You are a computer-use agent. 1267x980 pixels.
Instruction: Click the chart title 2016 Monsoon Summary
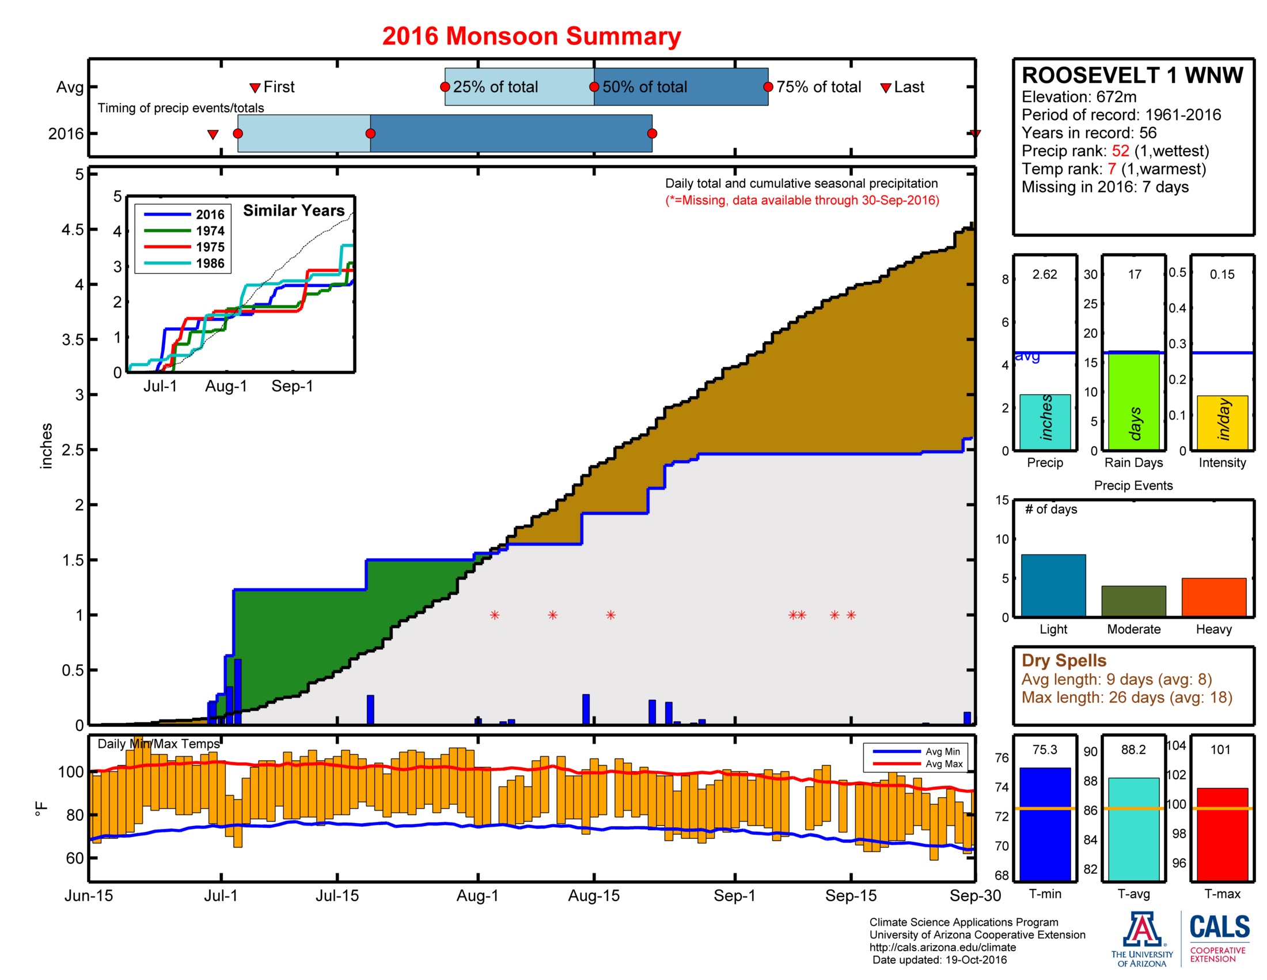(x=531, y=36)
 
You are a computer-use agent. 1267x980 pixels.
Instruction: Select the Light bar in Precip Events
(x=1053, y=585)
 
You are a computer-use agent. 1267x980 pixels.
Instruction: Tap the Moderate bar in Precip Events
(x=1133, y=601)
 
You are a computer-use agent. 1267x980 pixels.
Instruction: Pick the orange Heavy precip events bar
(x=1213, y=597)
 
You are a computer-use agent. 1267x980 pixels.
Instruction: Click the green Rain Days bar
(x=1133, y=401)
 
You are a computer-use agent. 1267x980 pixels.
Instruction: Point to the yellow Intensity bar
(x=1222, y=423)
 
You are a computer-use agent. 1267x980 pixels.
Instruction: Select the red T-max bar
(x=1222, y=834)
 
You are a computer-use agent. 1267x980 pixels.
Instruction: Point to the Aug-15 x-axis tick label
(x=593, y=895)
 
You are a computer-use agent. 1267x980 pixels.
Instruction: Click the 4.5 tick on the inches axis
(x=73, y=229)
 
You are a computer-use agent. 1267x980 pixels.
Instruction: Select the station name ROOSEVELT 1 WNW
(x=1132, y=76)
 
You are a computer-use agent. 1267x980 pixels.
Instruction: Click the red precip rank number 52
(x=1120, y=151)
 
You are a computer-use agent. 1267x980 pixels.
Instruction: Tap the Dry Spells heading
(x=1063, y=660)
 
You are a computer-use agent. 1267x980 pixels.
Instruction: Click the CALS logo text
(x=1219, y=927)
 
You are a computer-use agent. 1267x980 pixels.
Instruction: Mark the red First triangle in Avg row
(x=255, y=88)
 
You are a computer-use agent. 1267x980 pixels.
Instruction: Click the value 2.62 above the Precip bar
(x=1044, y=274)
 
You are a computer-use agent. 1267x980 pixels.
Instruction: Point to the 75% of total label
(x=818, y=87)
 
